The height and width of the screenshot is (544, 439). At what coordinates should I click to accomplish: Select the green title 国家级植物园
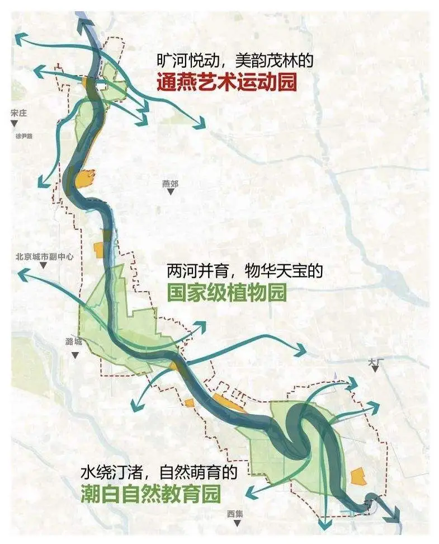226,292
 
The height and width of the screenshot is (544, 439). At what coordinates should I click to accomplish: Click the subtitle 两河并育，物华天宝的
245,272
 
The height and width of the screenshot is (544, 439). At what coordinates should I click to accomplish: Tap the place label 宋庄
18,113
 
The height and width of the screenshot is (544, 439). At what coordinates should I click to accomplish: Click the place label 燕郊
170,183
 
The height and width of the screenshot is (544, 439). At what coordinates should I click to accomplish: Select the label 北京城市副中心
45,257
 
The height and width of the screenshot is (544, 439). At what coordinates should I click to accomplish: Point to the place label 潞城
73,341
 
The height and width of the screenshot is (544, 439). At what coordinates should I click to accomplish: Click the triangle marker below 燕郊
170,192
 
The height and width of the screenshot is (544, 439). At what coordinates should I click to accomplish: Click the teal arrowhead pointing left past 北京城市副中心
22,274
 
